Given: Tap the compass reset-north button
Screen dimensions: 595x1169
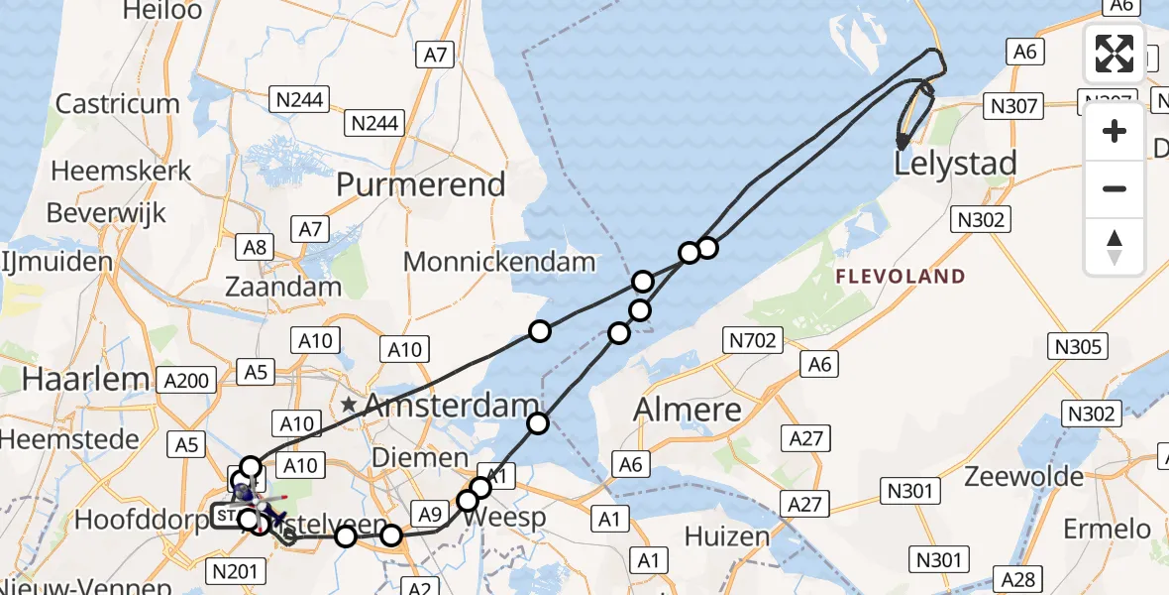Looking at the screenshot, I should (1115, 247).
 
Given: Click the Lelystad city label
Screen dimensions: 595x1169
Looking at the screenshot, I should (955, 164).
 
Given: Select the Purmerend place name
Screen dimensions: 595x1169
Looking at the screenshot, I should (421, 184).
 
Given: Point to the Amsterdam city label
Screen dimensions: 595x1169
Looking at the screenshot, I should (443, 406).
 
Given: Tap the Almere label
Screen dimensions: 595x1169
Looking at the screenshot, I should (688, 409).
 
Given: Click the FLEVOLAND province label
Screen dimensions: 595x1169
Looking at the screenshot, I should (900, 277).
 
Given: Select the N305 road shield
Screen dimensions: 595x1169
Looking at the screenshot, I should (1079, 346).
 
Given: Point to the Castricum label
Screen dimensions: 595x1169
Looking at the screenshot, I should (118, 104).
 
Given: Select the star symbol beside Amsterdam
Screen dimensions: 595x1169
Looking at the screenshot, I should (349, 405).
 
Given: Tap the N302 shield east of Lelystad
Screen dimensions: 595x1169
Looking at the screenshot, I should (979, 220).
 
